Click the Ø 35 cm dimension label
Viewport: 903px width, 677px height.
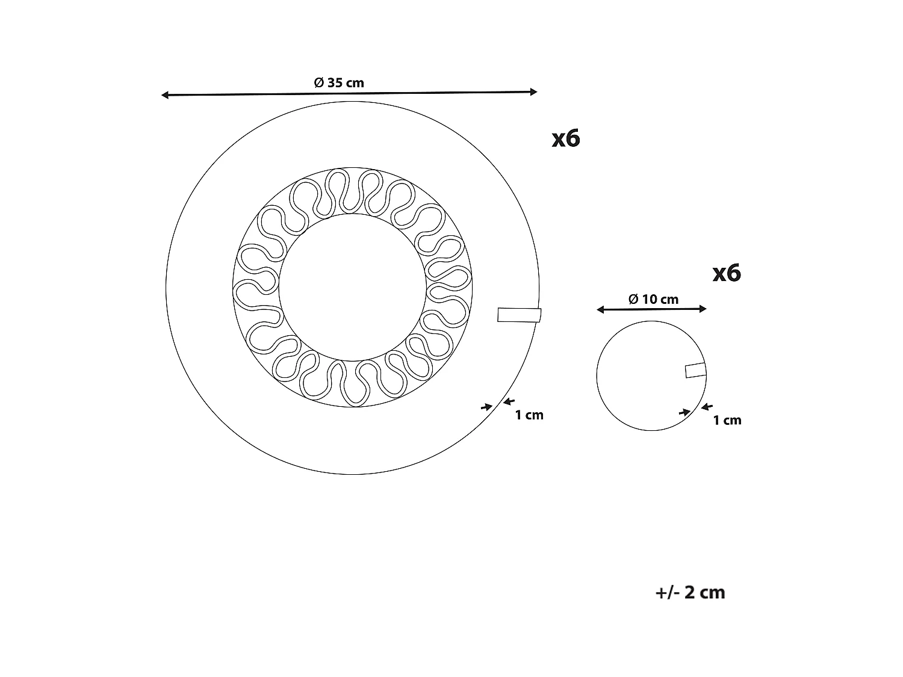click(x=339, y=82)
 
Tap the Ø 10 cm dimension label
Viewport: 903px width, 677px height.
click(x=653, y=299)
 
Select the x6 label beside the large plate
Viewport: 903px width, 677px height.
click(x=566, y=138)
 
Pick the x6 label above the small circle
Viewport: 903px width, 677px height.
click(x=727, y=273)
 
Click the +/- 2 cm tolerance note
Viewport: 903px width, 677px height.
click(x=690, y=592)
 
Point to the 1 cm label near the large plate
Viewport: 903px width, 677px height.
click(x=529, y=415)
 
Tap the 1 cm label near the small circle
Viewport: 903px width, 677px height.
click(x=727, y=420)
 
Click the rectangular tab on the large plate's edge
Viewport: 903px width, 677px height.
click(x=519, y=315)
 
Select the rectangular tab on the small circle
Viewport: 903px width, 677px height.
click(x=696, y=370)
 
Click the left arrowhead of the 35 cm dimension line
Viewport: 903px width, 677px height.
click(x=164, y=95)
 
